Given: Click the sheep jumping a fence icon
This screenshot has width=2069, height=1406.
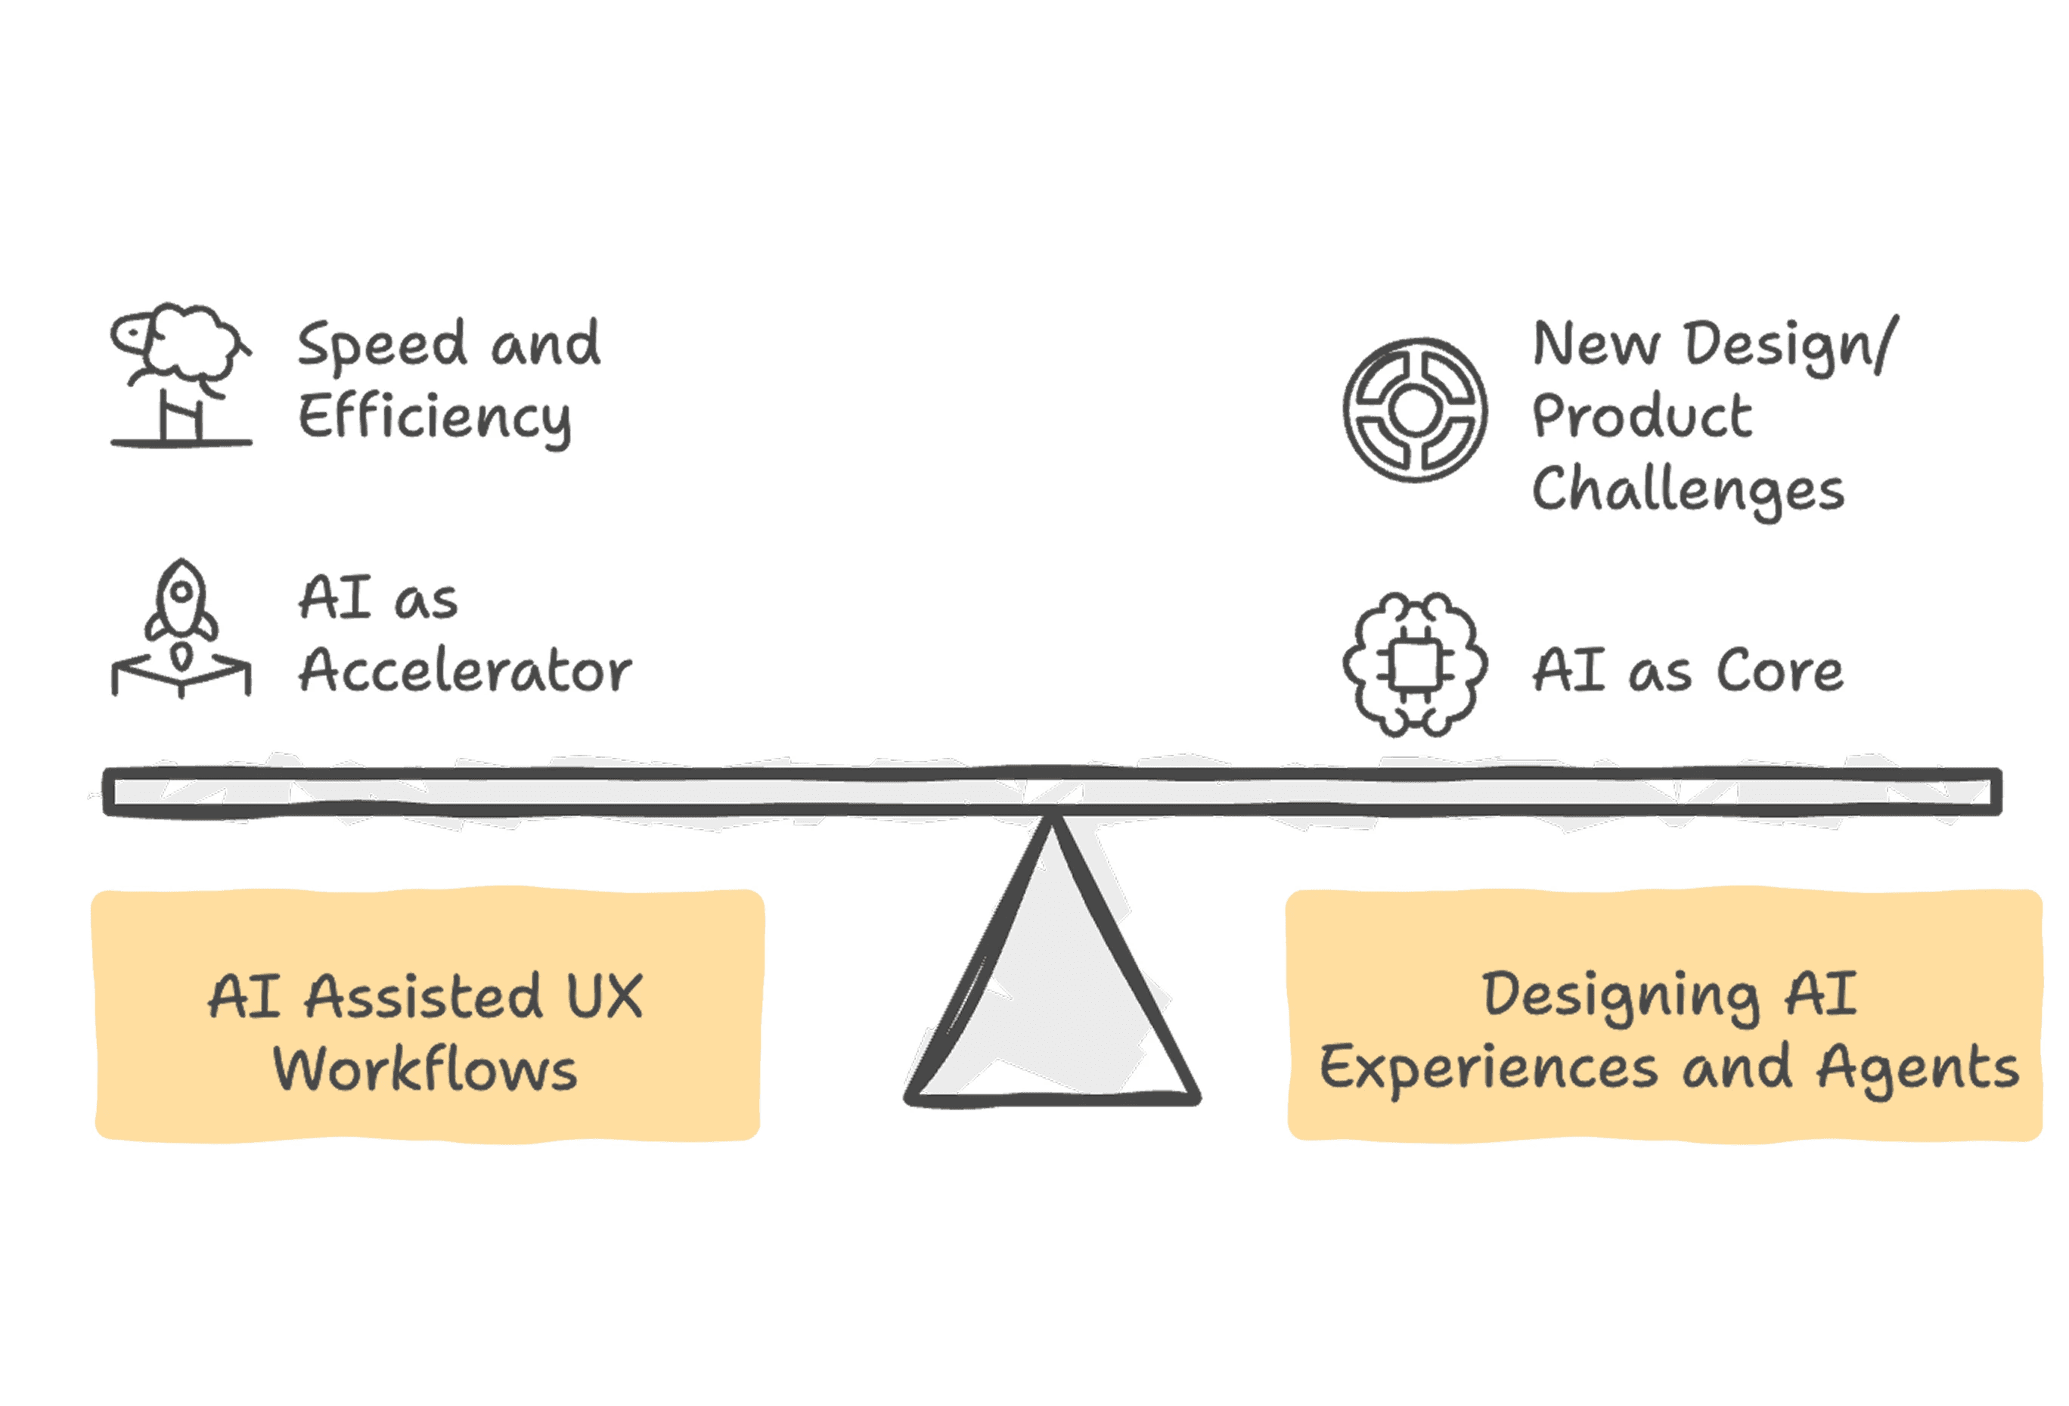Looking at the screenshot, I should [x=181, y=374].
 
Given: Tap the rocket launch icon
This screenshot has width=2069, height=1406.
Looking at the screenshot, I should [x=181, y=628].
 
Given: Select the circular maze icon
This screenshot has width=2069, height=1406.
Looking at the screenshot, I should [x=1414, y=410].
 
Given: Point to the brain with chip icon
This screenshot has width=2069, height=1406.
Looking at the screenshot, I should [x=1414, y=664].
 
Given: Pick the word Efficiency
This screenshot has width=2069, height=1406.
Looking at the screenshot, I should [x=435, y=418].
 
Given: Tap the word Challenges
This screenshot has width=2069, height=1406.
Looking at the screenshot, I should [x=1687, y=491].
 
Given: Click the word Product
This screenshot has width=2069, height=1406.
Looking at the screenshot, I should [x=1642, y=416].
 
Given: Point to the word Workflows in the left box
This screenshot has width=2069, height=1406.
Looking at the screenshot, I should [x=426, y=1069].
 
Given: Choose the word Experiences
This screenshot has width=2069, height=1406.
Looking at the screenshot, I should [x=1488, y=1068].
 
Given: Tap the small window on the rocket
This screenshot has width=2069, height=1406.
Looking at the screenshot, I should [x=181, y=591].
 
